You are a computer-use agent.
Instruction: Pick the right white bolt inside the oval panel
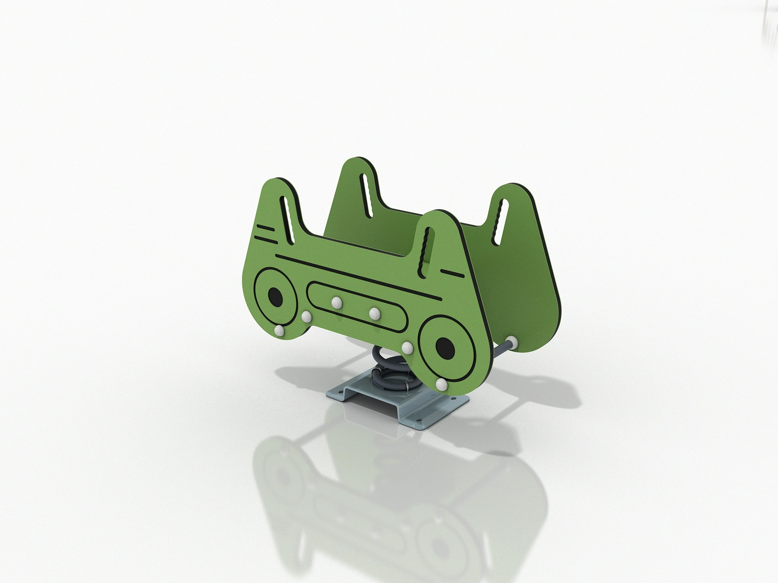(x=375, y=312)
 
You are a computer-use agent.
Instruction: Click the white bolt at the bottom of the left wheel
(x=279, y=331)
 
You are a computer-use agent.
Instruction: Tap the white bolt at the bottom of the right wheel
(x=441, y=385)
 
